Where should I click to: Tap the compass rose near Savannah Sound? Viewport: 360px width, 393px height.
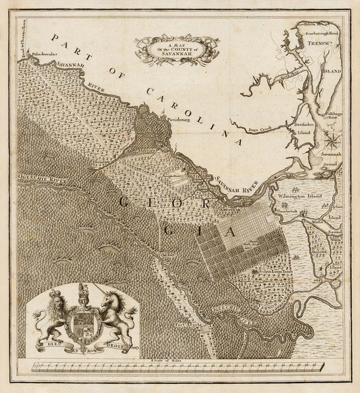tap(333, 140)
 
